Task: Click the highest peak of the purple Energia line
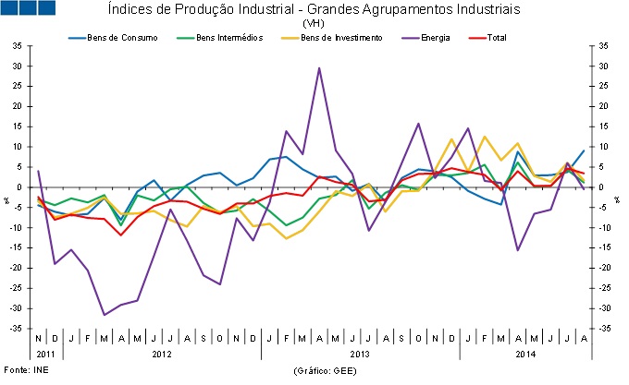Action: [319, 67]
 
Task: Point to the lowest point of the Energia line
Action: [104, 315]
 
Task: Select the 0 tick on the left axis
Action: [20, 187]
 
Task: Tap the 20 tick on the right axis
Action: [603, 107]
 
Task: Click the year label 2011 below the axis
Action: [45, 355]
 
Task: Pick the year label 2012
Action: [160, 355]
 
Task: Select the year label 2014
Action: [524, 355]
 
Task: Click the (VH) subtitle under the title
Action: [314, 23]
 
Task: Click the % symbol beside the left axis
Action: [6, 199]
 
